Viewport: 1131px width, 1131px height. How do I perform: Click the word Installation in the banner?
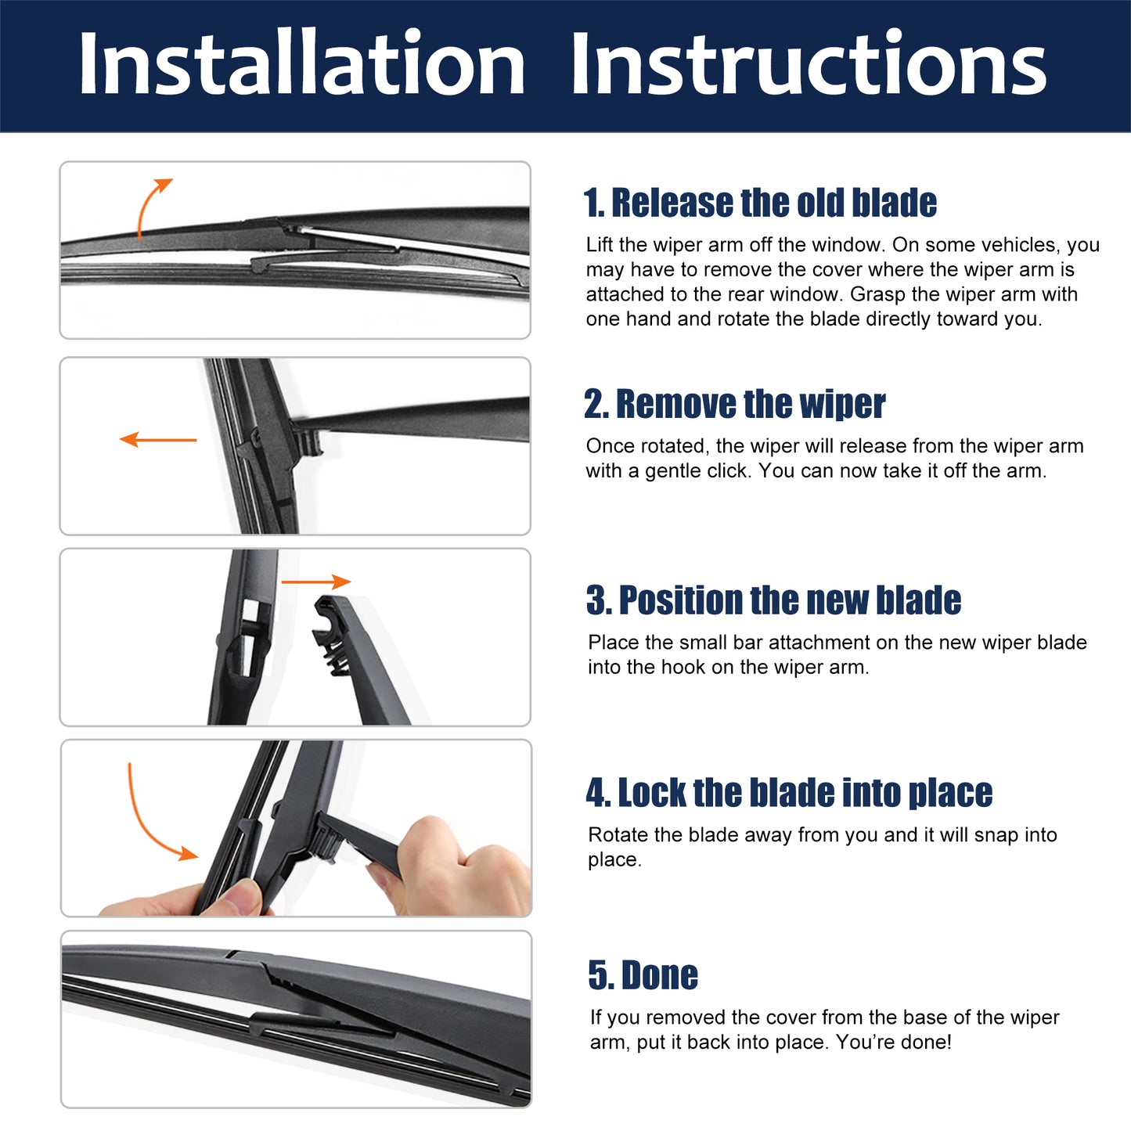point(301,63)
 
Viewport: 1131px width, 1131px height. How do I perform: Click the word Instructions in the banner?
point(809,63)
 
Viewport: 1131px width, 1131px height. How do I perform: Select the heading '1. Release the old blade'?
point(760,203)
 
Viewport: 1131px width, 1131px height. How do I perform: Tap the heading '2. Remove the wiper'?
point(734,404)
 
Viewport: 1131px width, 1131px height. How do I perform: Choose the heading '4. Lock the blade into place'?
point(789,792)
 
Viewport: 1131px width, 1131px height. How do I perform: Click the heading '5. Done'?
point(643,975)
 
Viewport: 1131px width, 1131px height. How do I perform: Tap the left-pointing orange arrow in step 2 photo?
point(158,440)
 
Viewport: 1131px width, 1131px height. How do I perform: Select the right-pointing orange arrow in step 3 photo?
point(316,582)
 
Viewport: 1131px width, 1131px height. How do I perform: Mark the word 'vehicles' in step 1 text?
point(1020,245)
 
